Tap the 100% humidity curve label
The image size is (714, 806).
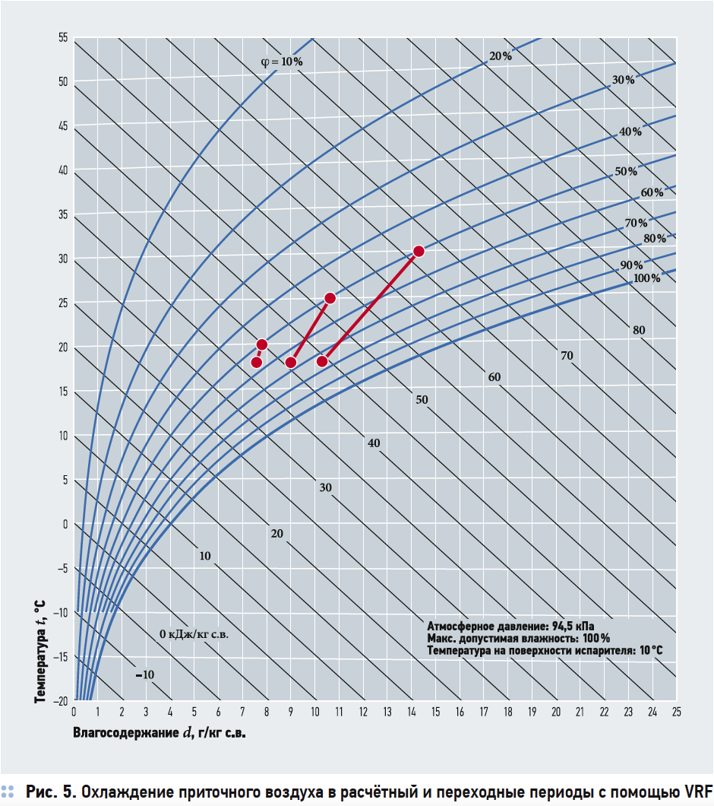point(646,278)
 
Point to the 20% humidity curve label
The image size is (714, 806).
point(501,56)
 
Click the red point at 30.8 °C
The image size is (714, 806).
point(418,251)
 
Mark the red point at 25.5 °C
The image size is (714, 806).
point(330,298)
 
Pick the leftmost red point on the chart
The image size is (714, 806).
point(257,362)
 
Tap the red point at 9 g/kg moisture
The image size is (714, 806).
point(290,362)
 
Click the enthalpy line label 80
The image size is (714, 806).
point(639,330)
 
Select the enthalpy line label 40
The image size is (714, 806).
point(373,443)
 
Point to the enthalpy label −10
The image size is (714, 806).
point(144,674)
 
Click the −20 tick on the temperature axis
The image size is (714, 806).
point(60,700)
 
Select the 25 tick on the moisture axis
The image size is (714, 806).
point(676,712)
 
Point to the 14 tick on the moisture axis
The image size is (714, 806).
point(411,712)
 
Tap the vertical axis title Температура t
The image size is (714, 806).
point(40,650)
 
